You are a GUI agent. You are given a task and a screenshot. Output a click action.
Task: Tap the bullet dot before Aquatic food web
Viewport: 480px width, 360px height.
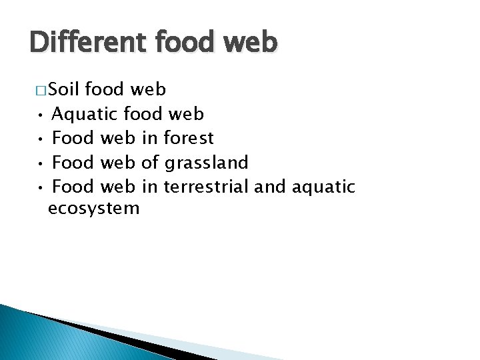tap(41, 115)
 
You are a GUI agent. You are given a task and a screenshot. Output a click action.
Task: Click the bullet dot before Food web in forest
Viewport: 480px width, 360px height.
tap(41, 139)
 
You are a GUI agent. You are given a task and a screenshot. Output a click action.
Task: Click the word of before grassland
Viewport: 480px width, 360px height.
tap(150, 162)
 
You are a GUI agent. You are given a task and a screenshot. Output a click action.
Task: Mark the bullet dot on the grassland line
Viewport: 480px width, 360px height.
tap(41, 163)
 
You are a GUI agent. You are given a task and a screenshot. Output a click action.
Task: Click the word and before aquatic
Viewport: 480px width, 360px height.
tap(269, 186)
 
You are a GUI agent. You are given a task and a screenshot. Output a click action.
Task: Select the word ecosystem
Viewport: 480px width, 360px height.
tap(94, 209)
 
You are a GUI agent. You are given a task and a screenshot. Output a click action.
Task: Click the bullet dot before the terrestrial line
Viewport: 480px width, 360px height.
tap(41, 187)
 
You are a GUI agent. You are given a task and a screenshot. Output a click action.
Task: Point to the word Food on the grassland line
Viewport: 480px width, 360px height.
tap(73, 162)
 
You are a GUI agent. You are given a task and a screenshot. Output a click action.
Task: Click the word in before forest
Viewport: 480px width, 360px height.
tap(149, 138)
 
